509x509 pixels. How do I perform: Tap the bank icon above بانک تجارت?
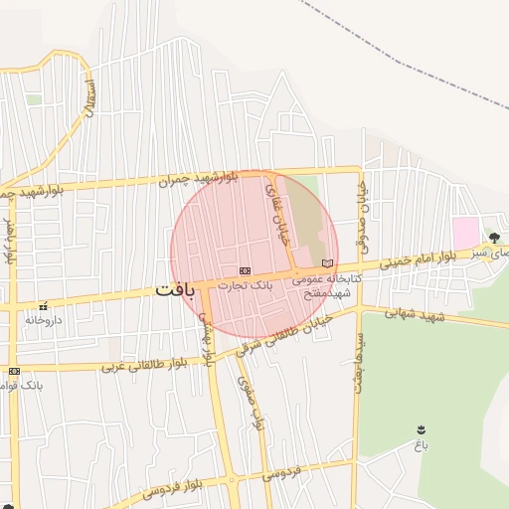tap(245, 270)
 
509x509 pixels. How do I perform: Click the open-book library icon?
tap(328, 262)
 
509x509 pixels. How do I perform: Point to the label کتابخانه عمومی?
tap(329, 279)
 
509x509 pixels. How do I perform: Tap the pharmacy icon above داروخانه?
tap(42, 306)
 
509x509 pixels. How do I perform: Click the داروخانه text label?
tap(44, 321)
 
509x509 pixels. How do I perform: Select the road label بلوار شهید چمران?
tap(198, 179)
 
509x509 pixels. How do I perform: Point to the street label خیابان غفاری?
tap(275, 204)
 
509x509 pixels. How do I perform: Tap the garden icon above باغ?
tap(422, 429)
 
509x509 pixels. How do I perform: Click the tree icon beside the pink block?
tap(494, 237)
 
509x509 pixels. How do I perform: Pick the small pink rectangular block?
tap(465, 234)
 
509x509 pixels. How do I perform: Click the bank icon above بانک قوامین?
tap(14, 371)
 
